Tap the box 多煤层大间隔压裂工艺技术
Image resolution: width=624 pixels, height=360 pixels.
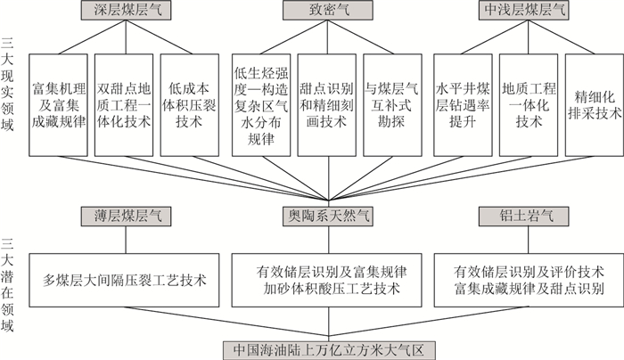pos(126,279)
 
